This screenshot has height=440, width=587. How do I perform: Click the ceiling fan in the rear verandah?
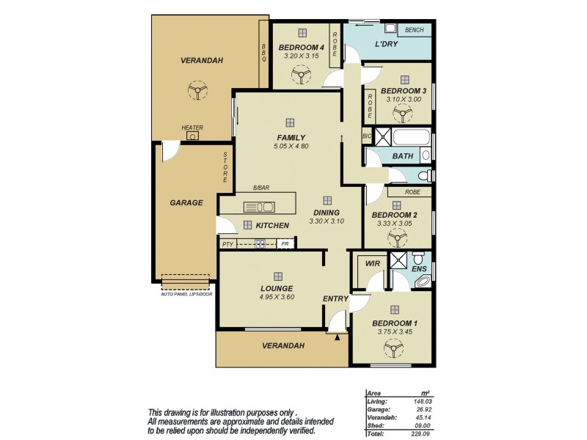196,89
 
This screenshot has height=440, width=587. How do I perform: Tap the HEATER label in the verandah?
192,128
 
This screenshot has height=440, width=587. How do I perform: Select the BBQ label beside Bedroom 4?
264,53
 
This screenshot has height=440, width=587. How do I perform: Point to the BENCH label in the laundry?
415,30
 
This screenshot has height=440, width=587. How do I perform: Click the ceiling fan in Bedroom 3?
400,112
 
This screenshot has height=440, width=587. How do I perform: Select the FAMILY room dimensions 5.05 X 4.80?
291,146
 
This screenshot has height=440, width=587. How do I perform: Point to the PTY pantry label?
227,244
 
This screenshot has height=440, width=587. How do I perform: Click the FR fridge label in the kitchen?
285,244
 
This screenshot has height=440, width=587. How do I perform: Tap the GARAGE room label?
186,202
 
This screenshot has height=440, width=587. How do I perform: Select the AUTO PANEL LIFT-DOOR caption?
186,293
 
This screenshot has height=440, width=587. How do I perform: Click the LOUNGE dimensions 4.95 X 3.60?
277,297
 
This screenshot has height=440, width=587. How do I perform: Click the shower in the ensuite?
400,259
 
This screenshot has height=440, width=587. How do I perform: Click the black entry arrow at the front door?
338,337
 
